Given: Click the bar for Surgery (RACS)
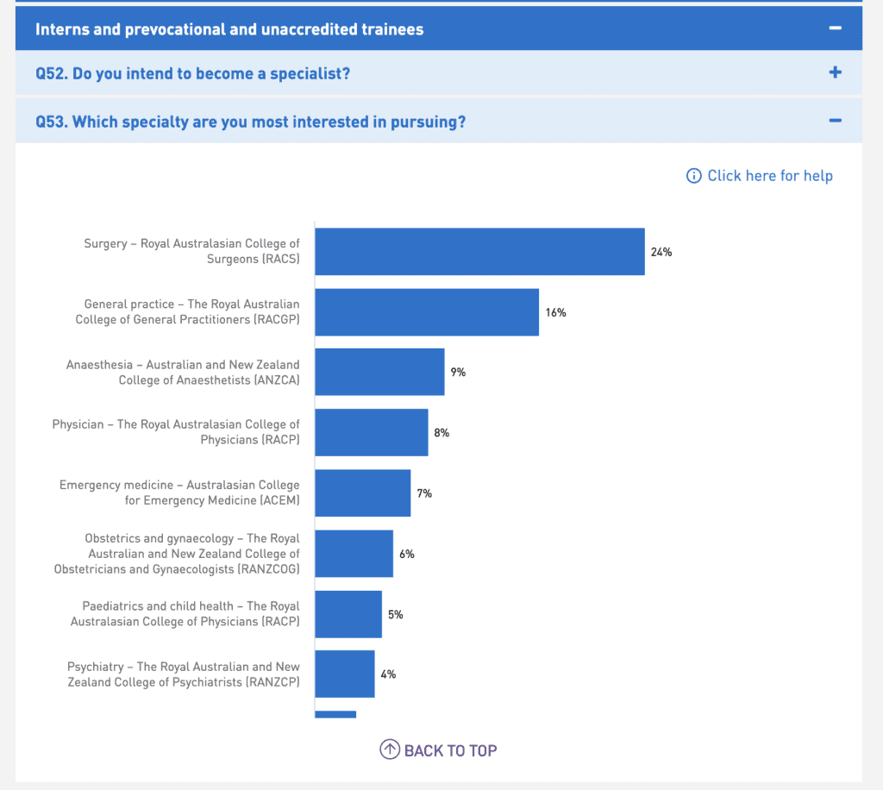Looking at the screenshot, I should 479,252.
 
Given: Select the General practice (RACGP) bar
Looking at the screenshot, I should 427,312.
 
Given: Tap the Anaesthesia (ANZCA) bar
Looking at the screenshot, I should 379,372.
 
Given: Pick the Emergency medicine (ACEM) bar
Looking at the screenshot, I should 362,493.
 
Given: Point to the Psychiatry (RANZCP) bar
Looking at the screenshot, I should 344,674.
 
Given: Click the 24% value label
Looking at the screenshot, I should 661,253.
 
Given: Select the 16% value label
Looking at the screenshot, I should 555,312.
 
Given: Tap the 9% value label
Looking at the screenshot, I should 458,373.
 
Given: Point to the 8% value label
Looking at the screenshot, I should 441,433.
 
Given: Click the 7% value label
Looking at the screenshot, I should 424,493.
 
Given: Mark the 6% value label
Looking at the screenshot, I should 407,554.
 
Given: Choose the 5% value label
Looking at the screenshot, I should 396,615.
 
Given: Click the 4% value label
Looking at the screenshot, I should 388,674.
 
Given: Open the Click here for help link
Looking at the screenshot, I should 760,176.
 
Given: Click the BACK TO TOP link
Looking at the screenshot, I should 439,750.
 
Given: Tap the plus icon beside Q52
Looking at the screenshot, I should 835,72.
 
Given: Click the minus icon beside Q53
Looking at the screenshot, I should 835,121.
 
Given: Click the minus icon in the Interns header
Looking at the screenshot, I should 835,28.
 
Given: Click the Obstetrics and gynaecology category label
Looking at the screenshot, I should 177,554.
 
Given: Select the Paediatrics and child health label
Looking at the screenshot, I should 185,614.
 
